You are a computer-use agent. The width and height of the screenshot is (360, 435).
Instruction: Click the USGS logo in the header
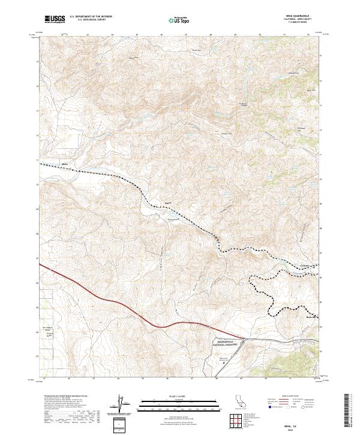tap(55, 19)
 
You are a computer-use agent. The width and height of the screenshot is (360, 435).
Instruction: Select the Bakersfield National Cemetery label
tap(226, 344)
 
